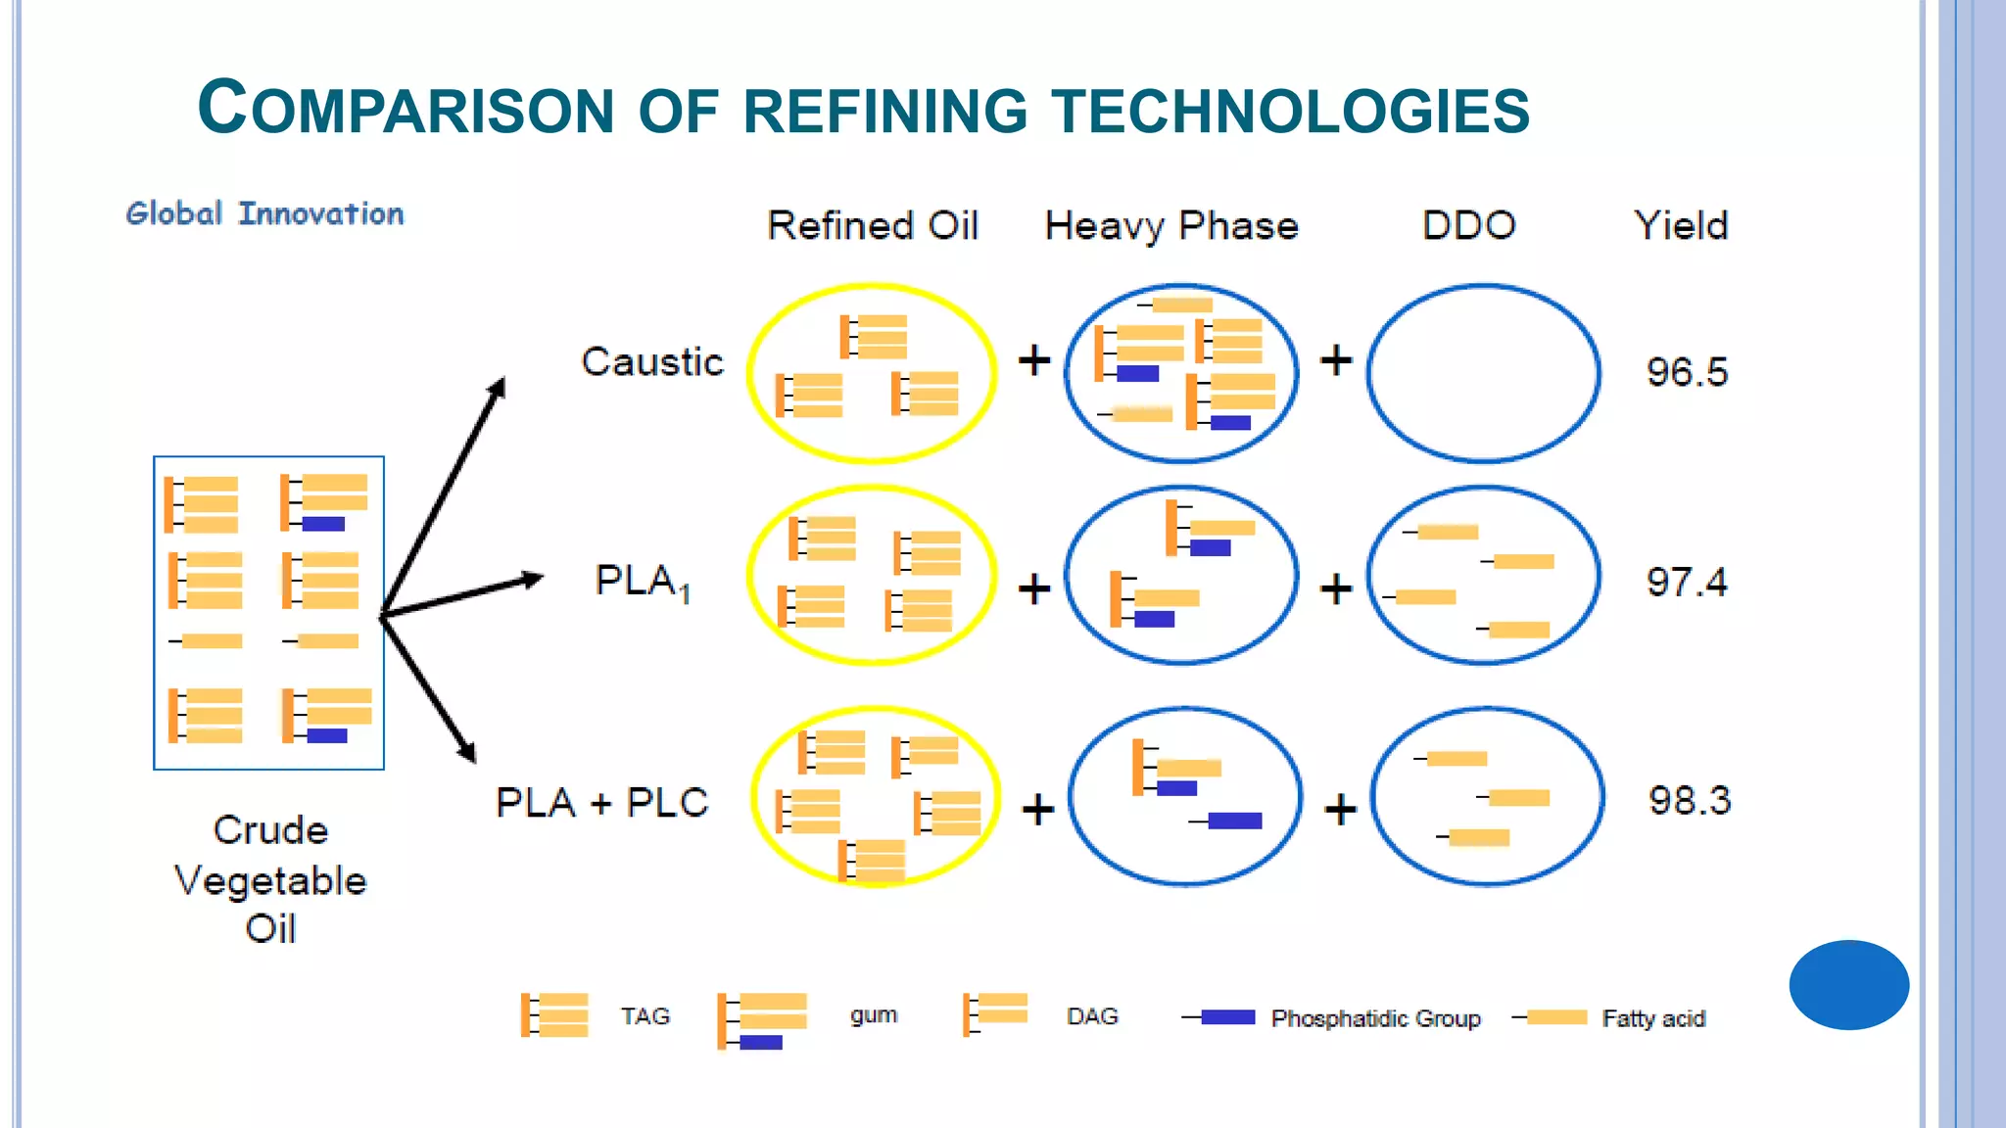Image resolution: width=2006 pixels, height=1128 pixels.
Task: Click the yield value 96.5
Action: (x=1687, y=372)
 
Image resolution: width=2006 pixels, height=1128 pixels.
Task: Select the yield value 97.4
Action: (x=1687, y=583)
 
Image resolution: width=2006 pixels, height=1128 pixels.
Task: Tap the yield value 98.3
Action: (x=1690, y=801)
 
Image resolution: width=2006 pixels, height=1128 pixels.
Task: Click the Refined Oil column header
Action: (x=873, y=226)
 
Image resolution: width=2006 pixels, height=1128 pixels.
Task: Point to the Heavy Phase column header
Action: (x=1171, y=226)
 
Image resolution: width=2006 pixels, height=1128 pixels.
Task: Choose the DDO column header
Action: (x=1468, y=226)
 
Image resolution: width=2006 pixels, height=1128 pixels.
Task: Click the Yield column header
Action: (x=1681, y=226)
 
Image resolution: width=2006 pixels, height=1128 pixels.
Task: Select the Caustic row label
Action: (x=652, y=362)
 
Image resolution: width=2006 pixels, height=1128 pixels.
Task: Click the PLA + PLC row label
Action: (x=601, y=803)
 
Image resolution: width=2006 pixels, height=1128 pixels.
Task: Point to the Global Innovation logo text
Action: (x=264, y=213)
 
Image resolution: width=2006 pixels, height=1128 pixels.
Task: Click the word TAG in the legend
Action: (x=645, y=1016)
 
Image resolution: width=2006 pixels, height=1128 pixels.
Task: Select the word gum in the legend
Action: (x=874, y=1015)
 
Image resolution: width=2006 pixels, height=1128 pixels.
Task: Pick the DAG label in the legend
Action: (x=1092, y=1016)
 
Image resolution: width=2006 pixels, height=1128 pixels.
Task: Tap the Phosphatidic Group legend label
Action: (x=1375, y=1018)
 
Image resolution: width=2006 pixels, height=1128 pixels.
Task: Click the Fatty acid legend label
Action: (x=1653, y=1018)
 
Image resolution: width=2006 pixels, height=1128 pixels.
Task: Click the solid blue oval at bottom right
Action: (x=1848, y=985)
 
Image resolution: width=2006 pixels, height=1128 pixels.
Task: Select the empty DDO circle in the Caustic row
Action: (x=1483, y=373)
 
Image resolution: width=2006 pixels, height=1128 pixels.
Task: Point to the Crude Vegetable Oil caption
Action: (x=270, y=879)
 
